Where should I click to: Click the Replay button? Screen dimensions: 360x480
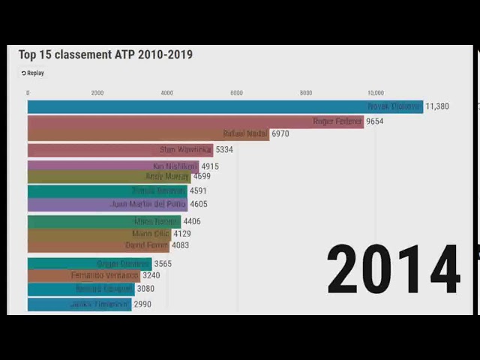[x=33, y=73]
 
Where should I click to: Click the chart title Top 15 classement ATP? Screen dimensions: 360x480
[x=105, y=55]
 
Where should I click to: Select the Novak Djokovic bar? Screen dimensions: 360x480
[x=225, y=106]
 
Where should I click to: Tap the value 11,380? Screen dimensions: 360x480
[x=437, y=106]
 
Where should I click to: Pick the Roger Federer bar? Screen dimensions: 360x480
[x=195, y=121]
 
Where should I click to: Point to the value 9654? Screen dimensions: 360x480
[x=375, y=121]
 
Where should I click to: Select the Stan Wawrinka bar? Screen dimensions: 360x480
[x=120, y=150]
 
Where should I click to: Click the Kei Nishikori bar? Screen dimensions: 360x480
[x=112, y=166]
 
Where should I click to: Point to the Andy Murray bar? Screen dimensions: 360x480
[x=109, y=177]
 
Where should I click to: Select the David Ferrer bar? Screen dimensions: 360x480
[x=98, y=245]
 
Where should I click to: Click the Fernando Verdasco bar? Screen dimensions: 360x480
[x=83, y=275]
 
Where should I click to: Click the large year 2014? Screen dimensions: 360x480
[x=394, y=270]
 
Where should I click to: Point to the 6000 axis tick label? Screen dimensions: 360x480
[x=236, y=93]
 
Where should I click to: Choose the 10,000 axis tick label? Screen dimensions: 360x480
[x=375, y=93]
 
